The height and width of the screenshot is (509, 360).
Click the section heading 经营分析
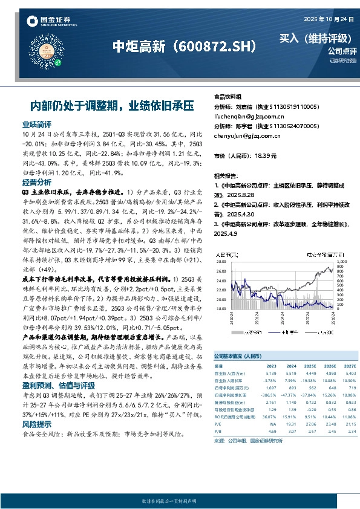[36, 182]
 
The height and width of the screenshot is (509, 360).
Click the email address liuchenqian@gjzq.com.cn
[241, 115]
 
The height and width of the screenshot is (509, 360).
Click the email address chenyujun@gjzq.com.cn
[240, 136]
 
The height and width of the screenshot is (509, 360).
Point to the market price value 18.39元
[266, 155]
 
